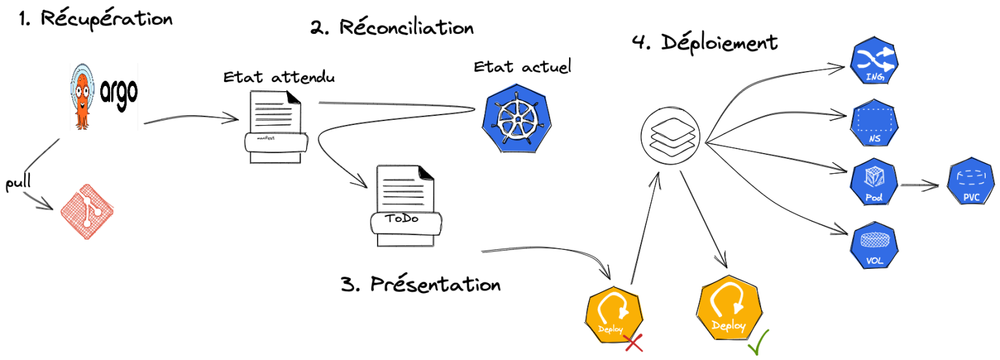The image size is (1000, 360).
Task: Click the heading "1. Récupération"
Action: point(96,19)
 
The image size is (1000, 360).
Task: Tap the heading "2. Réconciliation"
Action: point(391,28)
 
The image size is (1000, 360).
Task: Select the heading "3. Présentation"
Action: point(421,284)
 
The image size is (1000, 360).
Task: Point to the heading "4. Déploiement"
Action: point(704,43)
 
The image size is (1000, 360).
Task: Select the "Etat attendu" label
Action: point(279,77)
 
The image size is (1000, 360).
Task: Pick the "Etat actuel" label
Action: point(522,66)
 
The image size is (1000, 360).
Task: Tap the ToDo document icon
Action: point(406,206)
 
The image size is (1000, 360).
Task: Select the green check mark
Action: point(758,343)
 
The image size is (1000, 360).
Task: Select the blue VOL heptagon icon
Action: point(874,244)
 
